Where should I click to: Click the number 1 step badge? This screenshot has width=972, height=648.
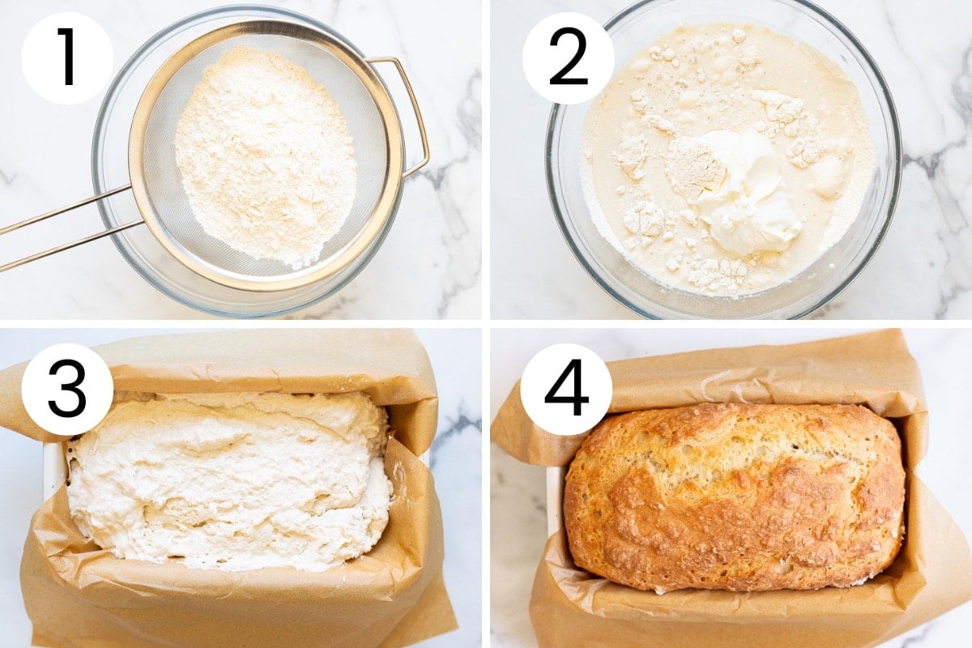coord(67,58)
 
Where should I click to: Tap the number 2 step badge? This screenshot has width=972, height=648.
coord(568,58)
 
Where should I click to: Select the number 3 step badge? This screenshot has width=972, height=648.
coord(67,390)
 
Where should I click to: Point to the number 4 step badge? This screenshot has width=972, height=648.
coord(566,390)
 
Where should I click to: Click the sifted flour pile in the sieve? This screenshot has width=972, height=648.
coord(265,156)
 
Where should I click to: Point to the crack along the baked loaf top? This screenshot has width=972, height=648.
coord(738,467)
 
